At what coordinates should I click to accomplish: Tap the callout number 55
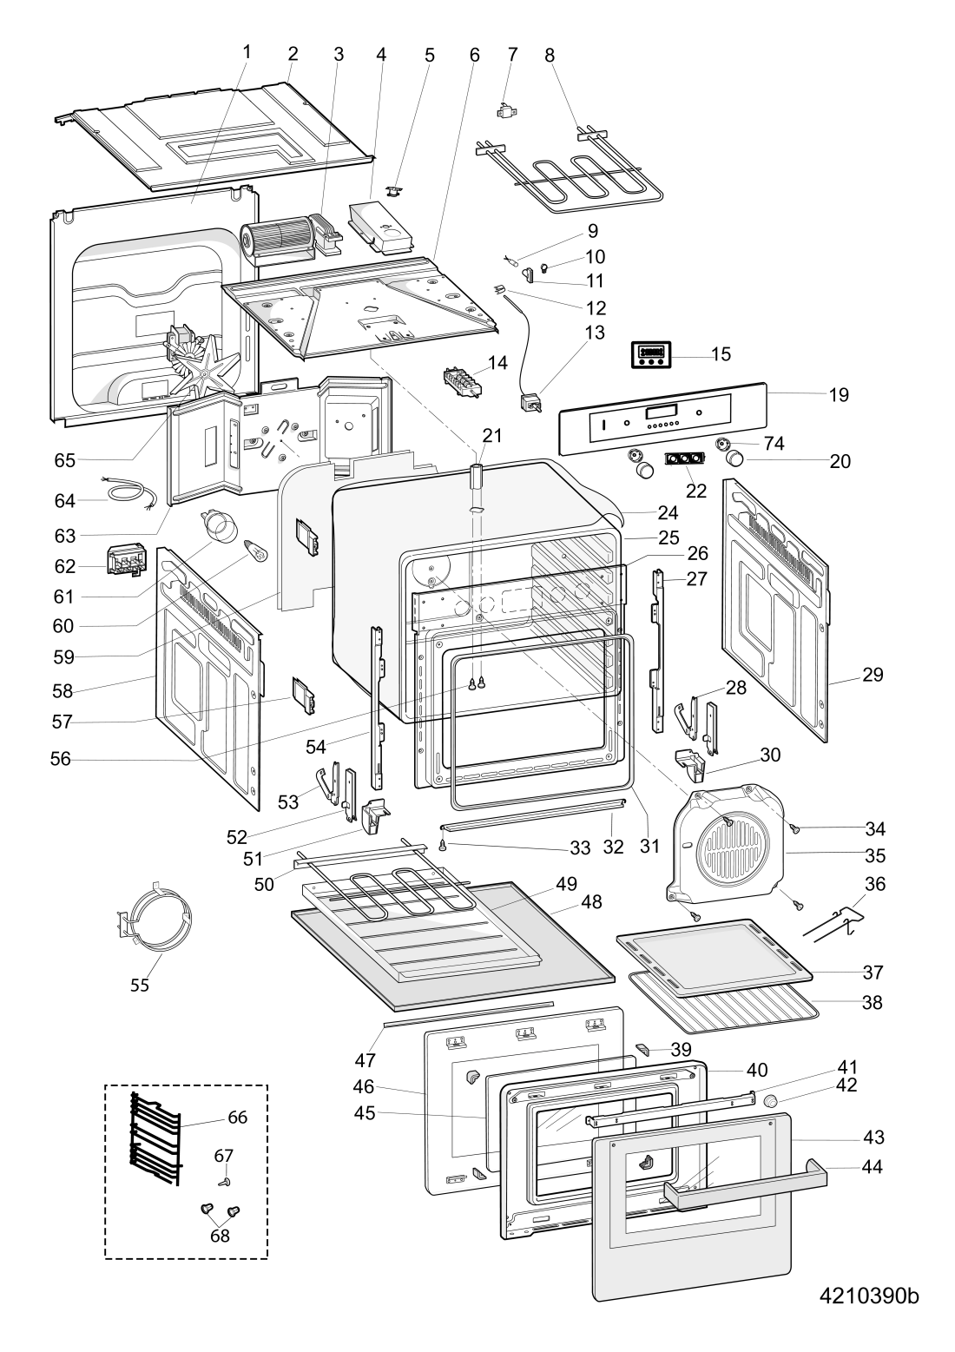140,985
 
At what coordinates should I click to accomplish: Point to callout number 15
721,354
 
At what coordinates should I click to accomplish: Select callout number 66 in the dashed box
237,1118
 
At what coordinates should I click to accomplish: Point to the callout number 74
774,443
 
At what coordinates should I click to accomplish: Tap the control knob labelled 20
735,458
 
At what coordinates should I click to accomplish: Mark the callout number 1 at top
247,52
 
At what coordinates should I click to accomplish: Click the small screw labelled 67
224,1181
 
